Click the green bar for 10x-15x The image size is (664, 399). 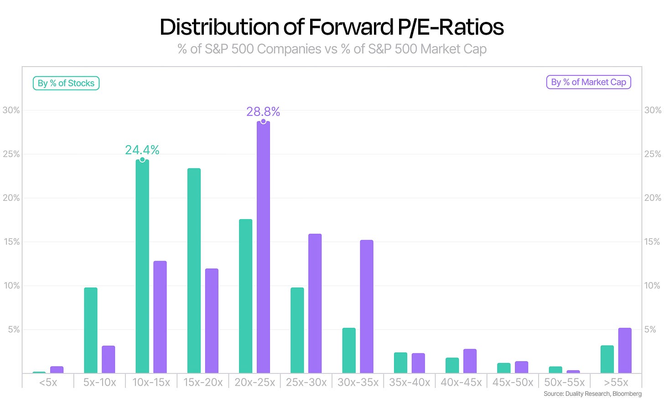pyautogui.click(x=142, y=266)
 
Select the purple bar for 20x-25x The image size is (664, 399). pyautogui.click(x=263, y=247)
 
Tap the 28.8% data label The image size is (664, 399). pyautogui.click(x=263, y=112)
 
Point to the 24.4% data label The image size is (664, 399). pyautogui.click(x=142, y=150)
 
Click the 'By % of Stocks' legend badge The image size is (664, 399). pyautogui.click(x=66, y=83)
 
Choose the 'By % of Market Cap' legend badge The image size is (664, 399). pyautogui.click(x=588, y=82)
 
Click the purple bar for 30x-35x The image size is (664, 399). pyautogui.click(x=367, y=306)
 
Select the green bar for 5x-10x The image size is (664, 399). pyautogui.click(x=91, y=330)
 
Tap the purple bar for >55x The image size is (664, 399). pyautogui.click(x=625, y=350)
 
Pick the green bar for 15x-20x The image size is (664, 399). pyautogui.click(x=194, y=271)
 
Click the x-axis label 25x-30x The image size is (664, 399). pyautogui.click(x=306, y=383)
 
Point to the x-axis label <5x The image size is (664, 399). pyautogui.click(x=48, y=383)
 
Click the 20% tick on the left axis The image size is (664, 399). pyautogui.click(x=11, y=198)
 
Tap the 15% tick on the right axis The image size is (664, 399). pyautogui.click(x=652, y=242)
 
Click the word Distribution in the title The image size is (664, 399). pyautogui.click(x=219, y=27)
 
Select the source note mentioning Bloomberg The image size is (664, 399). pyautogui.click(x=592, y=394)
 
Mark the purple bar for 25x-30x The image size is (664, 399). pyautogui.click(x=315, y=304)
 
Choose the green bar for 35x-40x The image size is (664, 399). pyautogui.click(x=400, y=363)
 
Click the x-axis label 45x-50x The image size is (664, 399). pyautogui.click(x=513, y=383)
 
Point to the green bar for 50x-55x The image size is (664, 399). pyautogui.click(x=555, y=370)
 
